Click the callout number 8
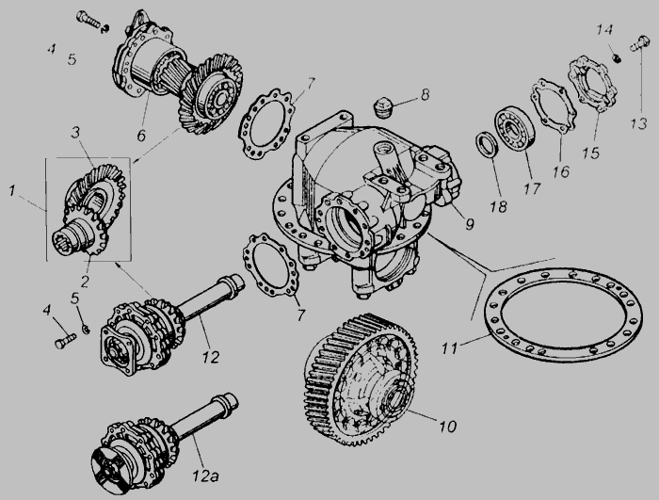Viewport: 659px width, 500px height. pyautogui.click(x=426, y=94)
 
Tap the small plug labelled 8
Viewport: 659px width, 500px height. pyautogui.click(x=382, y=108)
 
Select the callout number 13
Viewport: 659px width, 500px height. pyautogui.click(x=638, y=123)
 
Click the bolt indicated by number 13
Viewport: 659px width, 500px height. pyautogui.click(x=638, y=43)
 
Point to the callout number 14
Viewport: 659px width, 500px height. pyautogui.click(x=604, y=30)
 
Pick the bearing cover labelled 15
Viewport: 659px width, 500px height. pyautogui.click(x=592, y=86)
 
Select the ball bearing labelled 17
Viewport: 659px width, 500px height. pyautogui.click(x=516, y=128)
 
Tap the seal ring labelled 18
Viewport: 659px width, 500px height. pyautogui.click(x=487, y=145)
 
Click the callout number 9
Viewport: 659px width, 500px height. pyautogui.click(x=470, y=224)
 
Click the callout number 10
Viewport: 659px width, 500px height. pyautogui.click(x=448, y=427)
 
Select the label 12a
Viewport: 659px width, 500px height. pyautogui.click(x=205, y=476)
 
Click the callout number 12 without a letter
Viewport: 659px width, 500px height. pyautogui.click(x=210, y=357)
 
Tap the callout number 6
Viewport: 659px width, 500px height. pyautogui.click(x=141, y=136)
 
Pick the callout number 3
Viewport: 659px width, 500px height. pyautogui.click(x=75, y=133)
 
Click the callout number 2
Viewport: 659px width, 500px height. pyautogui.click(x=85, y=282)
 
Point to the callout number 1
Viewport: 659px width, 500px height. pyautogui.click(x=12, y=191)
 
